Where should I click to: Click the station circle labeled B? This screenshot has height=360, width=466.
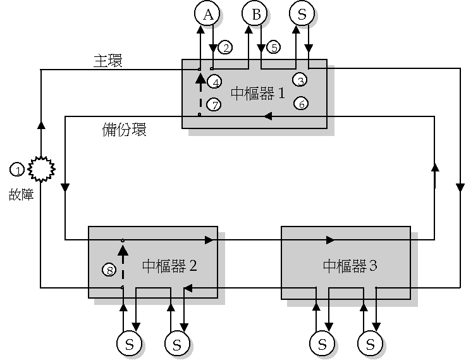255,14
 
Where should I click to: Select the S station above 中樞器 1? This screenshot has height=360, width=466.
302,14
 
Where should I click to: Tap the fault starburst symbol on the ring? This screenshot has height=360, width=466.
41,170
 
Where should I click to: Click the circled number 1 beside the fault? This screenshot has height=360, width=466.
18,170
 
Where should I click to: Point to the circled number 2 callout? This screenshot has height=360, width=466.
225,47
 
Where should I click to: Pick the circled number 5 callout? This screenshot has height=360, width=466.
273,47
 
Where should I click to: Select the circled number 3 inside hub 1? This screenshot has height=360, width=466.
301,80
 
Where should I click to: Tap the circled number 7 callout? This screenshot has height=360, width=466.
215,104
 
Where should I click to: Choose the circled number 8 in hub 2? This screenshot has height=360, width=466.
109,270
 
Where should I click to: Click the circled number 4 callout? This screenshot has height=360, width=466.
215,82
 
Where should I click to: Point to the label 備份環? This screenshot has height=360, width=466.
124,130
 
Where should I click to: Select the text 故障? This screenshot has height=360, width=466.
21,196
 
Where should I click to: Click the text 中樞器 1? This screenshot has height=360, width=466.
257,94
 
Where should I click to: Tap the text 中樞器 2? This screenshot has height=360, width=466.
169,265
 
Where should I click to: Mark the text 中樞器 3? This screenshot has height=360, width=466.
350,265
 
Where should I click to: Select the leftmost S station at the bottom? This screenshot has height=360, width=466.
129,344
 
